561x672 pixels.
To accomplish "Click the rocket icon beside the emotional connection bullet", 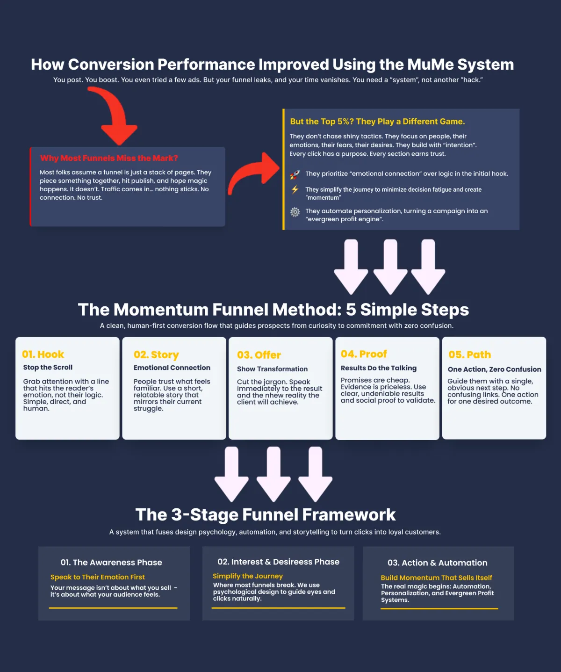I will [x=295, y=175].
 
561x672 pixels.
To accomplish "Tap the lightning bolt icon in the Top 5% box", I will [x=295, y=189].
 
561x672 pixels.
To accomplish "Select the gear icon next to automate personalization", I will [x=295, y=212].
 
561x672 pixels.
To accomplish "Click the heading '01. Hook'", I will [x=43, y=354].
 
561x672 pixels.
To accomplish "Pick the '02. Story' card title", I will [x=156, y=355].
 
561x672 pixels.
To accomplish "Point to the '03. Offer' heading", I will [x=259, y=355].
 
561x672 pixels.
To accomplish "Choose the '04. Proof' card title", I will [x=364, y=354].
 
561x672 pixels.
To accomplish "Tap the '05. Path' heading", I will [x=469, y=354].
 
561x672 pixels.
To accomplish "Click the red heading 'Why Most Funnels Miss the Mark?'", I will [x=109, y=158].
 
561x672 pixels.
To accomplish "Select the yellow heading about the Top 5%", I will [x=377, y=122].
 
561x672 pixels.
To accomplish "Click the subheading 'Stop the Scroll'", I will [x=48, y=368].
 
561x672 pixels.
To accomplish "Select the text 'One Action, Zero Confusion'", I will [x=494, y=369].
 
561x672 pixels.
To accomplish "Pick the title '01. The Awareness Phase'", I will [x=111, y=563].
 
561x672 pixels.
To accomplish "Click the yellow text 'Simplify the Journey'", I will [x=248, y=576].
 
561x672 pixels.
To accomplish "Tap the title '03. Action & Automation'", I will [x=437, y=563].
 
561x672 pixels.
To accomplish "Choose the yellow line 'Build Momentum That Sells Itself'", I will [x=436, y=578].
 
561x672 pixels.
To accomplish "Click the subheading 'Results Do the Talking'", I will [x=378, y=368].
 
